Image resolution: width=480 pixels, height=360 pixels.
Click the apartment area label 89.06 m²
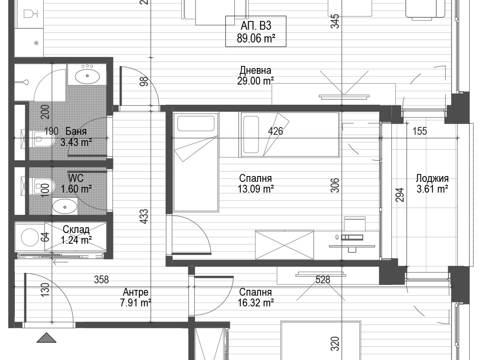click(256, 39)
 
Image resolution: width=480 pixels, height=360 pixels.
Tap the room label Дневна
click(255, 71)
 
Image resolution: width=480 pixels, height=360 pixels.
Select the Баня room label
click(76, 131)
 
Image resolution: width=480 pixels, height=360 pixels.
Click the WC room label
click(76, 178)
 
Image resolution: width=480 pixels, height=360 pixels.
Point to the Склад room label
click(76, 229)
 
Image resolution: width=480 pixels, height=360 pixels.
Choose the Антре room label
click(136, 292)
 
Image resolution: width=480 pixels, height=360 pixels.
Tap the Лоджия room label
click(432, 178)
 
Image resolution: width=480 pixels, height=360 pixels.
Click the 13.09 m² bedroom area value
click(256, 189)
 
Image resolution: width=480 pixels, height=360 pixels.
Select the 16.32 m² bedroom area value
click(256, 303)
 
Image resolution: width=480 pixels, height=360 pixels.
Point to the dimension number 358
click(101, 280)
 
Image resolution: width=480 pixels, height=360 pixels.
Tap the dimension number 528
click(322, 280)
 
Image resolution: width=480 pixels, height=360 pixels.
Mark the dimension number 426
click(275, 131)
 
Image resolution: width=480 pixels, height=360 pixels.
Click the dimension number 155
click(420, 131)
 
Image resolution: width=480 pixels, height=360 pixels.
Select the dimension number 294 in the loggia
click(400, 195)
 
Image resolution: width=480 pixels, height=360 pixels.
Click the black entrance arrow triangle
click(46, 338)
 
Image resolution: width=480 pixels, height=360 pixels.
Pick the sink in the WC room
click(65, 207)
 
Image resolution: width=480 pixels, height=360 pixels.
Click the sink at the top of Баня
click(87, 75)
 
